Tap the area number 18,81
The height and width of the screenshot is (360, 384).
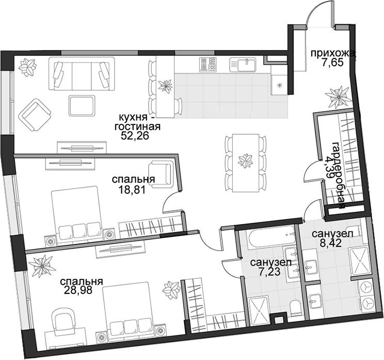[x=132, y=190]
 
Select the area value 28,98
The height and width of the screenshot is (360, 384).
[x=78, y=290]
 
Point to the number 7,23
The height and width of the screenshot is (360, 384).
[x=270, y=271]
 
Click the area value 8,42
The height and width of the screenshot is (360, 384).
[x=331, y=243]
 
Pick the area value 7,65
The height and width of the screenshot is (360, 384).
[x=332, y=62]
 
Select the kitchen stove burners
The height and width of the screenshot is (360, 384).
[x=208, y=64]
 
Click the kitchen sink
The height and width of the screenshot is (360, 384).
[x=243, y=65]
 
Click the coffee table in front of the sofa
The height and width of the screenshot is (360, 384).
[x=82, y=105]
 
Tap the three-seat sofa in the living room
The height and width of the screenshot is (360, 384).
[x=82, y=74]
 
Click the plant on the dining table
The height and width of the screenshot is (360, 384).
[x=245, y=161]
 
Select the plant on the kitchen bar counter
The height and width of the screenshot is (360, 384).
[x=165, y=86]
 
